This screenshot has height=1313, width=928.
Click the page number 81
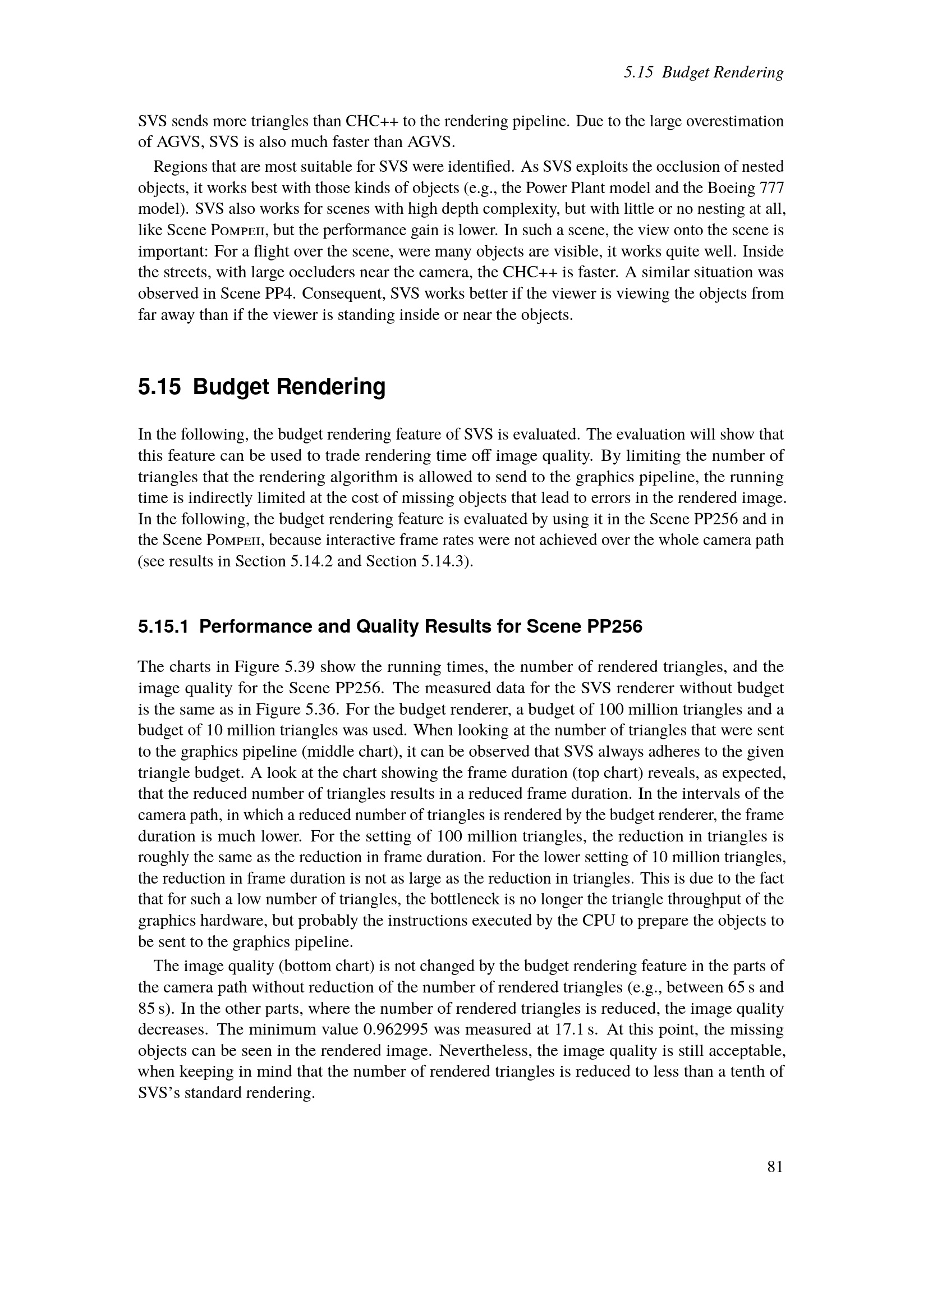coord(775,1166)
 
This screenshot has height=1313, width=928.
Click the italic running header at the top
coord(704,72)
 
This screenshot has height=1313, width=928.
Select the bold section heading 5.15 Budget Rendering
coord(261,387)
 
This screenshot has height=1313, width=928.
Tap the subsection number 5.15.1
coord(163,627)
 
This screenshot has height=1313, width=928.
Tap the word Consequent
coord(346,294)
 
